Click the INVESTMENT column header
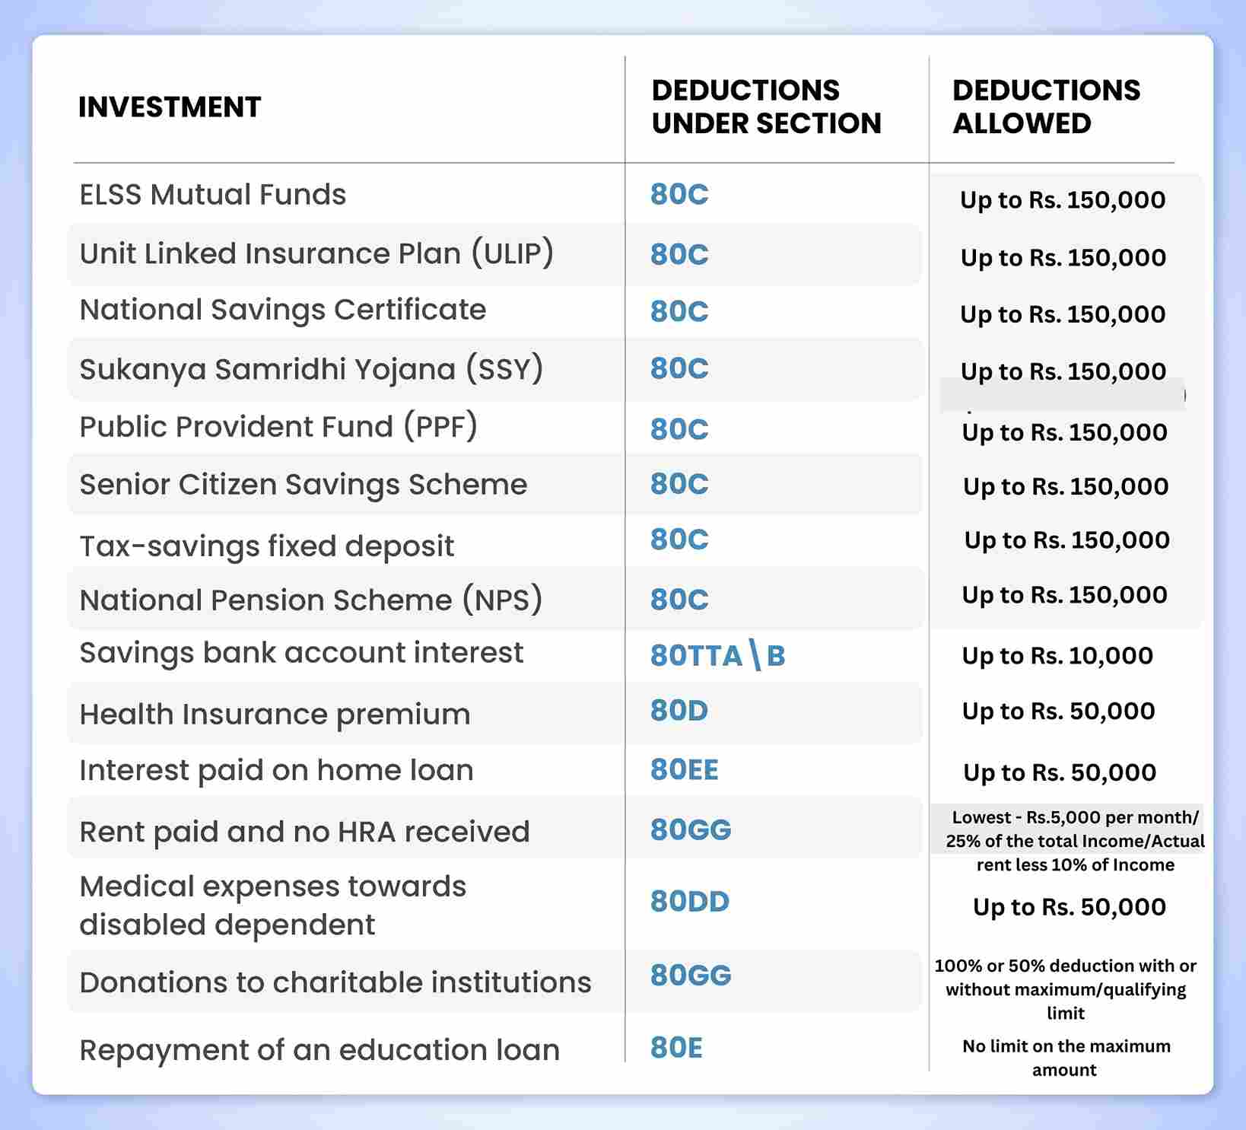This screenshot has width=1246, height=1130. point(170,107)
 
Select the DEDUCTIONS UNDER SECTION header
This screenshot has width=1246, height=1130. point(766,107)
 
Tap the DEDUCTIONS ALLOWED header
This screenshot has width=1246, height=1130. point(1046,107)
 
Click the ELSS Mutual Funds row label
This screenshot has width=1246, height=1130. point(213,195)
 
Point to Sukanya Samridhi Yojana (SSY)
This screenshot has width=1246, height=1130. point(311,369)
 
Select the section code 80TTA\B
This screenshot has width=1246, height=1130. point(717,655)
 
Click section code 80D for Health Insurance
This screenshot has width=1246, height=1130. point(679,711)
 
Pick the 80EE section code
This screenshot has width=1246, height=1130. point(684,770)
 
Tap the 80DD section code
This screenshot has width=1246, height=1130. point(689,902)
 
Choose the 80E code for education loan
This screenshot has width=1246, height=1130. point(676,1049)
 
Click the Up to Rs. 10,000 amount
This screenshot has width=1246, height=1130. point(1057,656)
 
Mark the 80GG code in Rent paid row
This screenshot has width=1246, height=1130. point(690,829)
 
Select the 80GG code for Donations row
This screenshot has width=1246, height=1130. point(690,976)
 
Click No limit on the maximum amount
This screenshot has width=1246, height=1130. point(1066,1058)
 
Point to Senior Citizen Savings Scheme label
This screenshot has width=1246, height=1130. point(303,485)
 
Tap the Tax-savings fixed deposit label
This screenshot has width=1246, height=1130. point(266,546)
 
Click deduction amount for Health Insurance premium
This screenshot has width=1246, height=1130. point(1058,711)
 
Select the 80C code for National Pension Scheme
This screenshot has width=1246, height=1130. point(679,600)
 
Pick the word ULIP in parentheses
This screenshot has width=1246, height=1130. point(512,253)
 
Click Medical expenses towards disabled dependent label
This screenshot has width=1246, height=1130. point(272,906)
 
